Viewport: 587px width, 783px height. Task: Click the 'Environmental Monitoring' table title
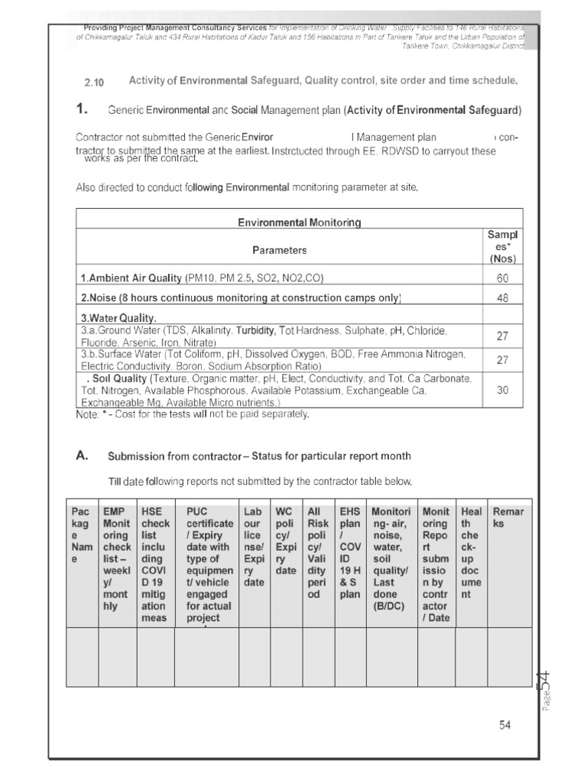tap(299, 222)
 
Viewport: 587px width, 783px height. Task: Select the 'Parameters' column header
tap(279, 250)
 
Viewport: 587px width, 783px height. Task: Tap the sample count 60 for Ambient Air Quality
tap(502, 278)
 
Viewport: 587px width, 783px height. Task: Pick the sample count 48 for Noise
tap(502, 298)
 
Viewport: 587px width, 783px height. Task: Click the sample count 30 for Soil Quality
tap(502, 390)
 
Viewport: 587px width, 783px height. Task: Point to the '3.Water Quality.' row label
tap(118, 318)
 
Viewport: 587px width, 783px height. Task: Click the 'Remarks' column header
tap(508, 518)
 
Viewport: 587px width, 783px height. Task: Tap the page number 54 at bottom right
tap(504, 726)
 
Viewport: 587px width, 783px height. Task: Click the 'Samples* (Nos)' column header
tap(502, 246)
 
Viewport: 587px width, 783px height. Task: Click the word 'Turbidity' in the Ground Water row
tap(256, 330)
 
